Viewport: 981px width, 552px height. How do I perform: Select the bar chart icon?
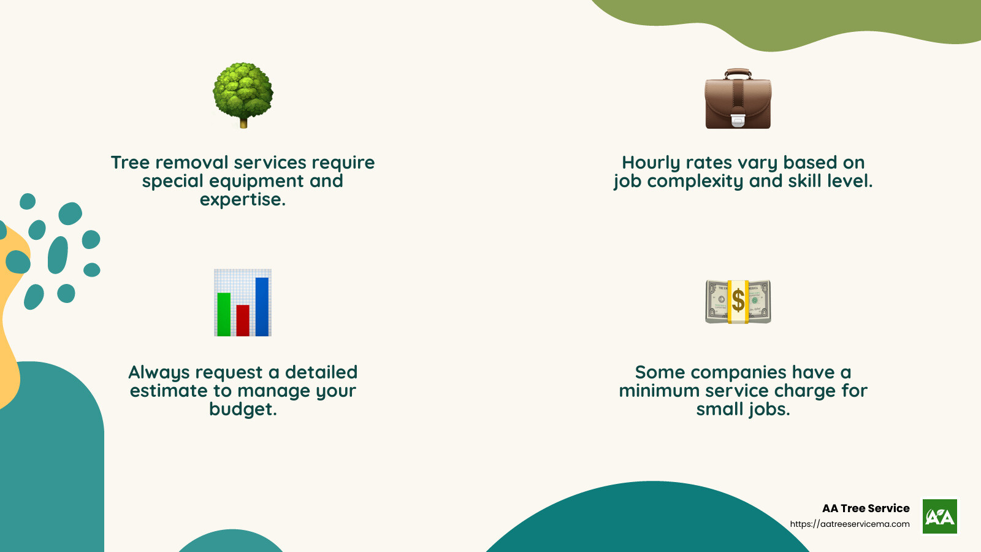coord(243,302)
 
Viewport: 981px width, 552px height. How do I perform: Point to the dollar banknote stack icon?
coord(738,302)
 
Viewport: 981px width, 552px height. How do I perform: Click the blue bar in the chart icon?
coord(262,306)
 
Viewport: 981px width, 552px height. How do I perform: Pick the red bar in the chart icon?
coord(243,320)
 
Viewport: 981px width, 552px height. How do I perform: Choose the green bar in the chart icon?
coord(224,313)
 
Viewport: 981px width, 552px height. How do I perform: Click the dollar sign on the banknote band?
coord(738,301)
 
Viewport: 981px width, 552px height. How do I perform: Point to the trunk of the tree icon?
coord(243,123)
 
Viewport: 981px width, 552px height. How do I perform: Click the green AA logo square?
coord(939,516)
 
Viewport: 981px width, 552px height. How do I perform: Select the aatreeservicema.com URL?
coord(850,524)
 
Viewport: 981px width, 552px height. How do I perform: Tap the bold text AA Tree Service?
coord(866,508)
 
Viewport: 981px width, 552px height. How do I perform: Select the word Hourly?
coord(651,163)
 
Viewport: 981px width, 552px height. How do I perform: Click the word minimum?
coord(659,391)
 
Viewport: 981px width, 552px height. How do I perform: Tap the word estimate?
coord(169,391)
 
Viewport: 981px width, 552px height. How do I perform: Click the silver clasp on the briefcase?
coord(738,120)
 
